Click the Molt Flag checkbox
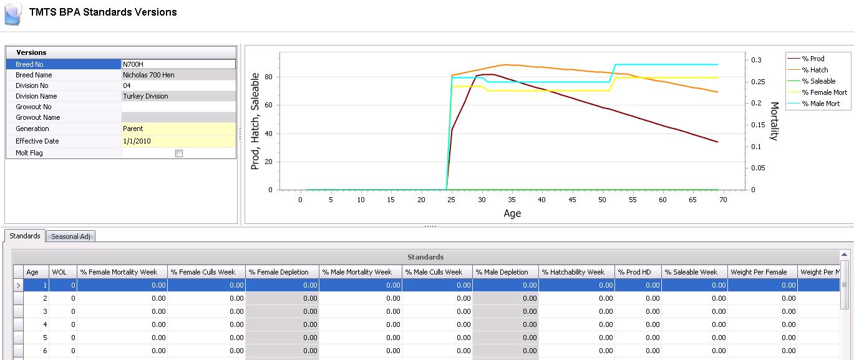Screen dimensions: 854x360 [179, 153]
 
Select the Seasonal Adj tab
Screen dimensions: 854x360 [70, 236]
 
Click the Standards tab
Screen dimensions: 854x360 [25, 236]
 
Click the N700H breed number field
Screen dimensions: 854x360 [178, 64]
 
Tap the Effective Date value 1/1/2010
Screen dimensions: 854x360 [137, 141]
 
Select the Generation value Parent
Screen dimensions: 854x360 [133, 129]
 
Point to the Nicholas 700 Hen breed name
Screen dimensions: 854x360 [148, 75]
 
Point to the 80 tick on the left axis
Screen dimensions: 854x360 [269, 77]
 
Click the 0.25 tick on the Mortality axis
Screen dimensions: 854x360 [759, 82]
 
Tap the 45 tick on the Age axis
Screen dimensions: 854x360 [572, 200]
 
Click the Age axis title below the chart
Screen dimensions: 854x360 [512, 213]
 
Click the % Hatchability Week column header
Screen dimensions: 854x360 [573, 272]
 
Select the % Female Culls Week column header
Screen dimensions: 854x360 [203, 272]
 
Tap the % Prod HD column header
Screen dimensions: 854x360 [634, 272]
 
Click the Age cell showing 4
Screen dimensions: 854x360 [36, 324]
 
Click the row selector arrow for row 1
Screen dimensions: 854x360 [18, 285]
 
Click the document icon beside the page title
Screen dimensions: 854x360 [13, 14]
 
